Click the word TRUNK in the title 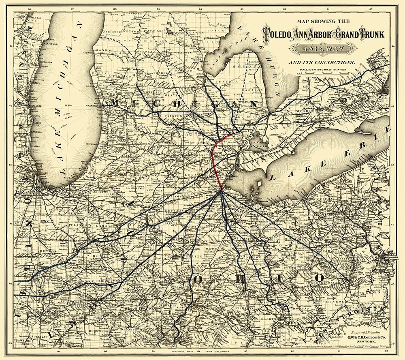pos(369,35)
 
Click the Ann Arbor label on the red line pos(217,153)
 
